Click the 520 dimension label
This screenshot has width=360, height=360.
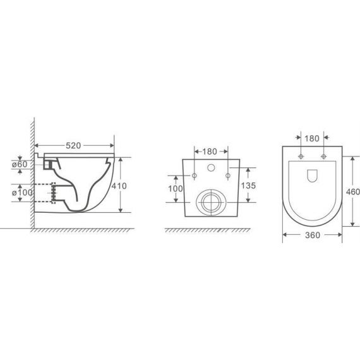point(73,145)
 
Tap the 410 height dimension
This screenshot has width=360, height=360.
point(119,186)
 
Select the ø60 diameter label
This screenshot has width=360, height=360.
point(20,164)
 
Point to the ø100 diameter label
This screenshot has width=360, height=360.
point(22,193)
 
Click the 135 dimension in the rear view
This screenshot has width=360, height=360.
point(248,186)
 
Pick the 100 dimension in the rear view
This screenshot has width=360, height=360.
point(176,189)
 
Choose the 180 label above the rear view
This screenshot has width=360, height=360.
point(210,152)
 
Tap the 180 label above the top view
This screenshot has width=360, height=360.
point(312,139)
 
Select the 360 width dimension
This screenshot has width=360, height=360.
point(313,235)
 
